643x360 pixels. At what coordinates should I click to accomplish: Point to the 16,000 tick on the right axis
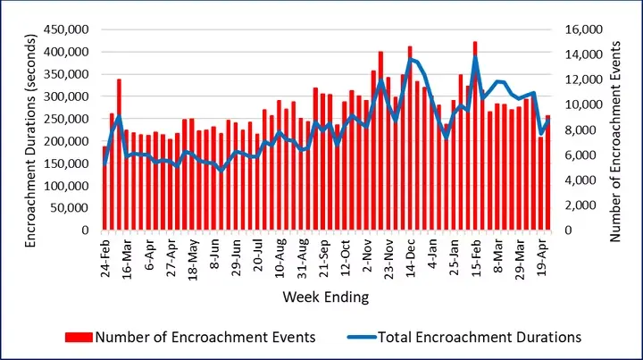[x=585, y=29]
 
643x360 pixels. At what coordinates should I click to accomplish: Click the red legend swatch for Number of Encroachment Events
[x=79, y=337]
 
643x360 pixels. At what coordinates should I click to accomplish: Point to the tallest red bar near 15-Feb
[x=475, y=134]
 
